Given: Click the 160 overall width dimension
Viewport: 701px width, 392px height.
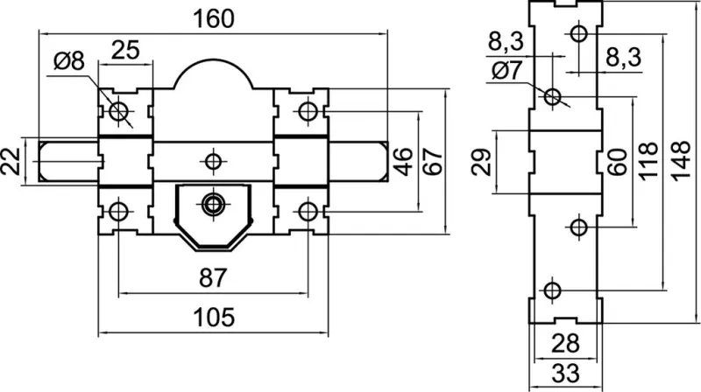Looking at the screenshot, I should click(214, 17).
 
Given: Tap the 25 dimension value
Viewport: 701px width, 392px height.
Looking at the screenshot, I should click(126, 50).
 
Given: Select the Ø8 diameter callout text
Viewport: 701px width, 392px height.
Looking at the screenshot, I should click(68, 61).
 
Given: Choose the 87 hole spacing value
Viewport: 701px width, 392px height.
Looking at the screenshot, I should click(213, 277).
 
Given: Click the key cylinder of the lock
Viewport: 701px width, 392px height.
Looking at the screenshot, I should click(212, 205).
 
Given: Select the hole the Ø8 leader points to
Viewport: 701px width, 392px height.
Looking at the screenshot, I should click(118, 111).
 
